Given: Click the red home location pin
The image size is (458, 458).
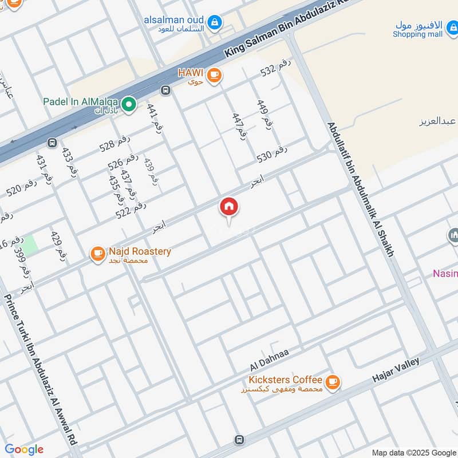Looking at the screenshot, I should [x=229, y=208].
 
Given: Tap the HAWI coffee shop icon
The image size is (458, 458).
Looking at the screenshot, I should [x=214, y=75].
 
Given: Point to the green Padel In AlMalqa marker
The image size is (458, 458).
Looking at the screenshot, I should [x=129, y=104].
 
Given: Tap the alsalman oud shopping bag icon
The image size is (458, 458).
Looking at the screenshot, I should [x=214, y=22].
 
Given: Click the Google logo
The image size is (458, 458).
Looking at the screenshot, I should [x=24, y=449].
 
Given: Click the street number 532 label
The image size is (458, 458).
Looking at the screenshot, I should [x=276, y=68].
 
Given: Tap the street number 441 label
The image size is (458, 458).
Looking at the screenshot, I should [x=153, y=118].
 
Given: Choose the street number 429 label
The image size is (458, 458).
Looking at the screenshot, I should [x=59, y=247].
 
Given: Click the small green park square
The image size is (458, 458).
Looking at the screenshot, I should [x=30, y=245].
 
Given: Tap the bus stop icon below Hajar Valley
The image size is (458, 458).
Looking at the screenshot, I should [x=239, y=440].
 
